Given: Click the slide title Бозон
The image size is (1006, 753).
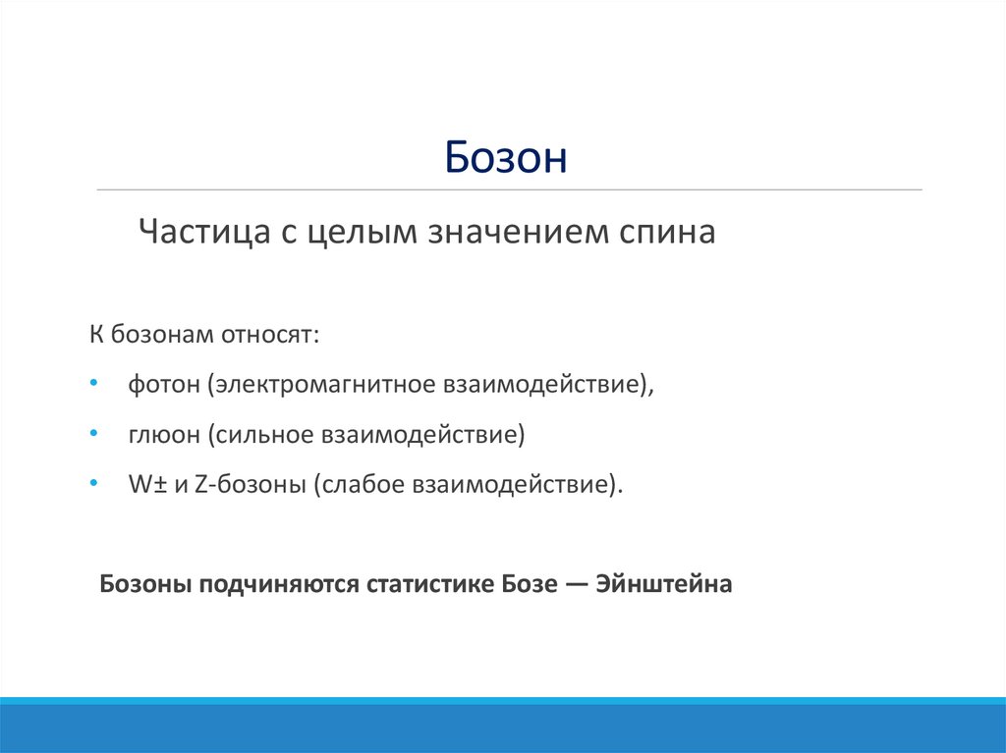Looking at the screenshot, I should pyautogui.click(x=505, y=157).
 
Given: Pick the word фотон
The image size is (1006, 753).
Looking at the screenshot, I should pyautogui.click(x=162, y=384).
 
